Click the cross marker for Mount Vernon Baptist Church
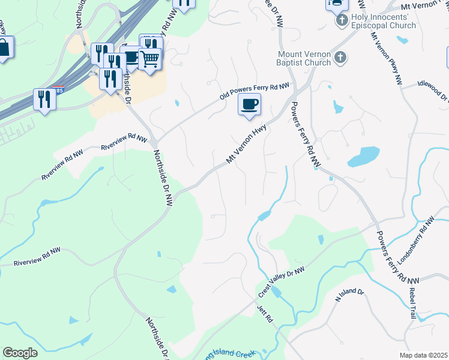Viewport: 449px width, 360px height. pyautogui.click(x=340, y=58)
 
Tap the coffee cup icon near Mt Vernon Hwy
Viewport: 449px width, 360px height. pyautogui.click(x=249, y=104)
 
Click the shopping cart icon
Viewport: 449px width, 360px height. pyautogui.click(x=149, y=59)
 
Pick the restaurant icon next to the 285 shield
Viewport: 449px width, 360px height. pyautogui.click(x=44, y=98)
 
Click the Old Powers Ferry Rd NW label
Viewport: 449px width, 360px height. pyautogui.click(x=255, y=91)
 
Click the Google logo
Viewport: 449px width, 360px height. pyautogui.click(x=20, y=352)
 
